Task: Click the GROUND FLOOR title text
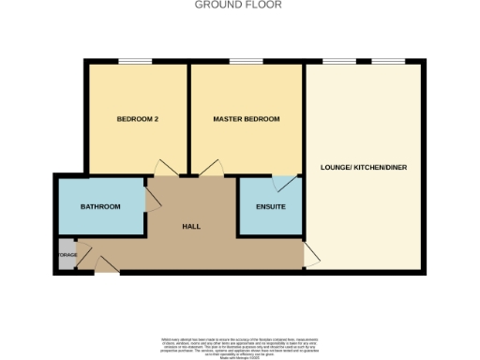point(238,5)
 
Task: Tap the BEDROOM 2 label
point(136,119)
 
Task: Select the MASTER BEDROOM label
point(247,119)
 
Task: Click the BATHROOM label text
point(100,206)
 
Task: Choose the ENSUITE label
point(270,206)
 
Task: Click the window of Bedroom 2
point(135,63)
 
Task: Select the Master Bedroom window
point(247,63)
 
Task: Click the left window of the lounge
point(337,63)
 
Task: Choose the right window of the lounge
point(388,63)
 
